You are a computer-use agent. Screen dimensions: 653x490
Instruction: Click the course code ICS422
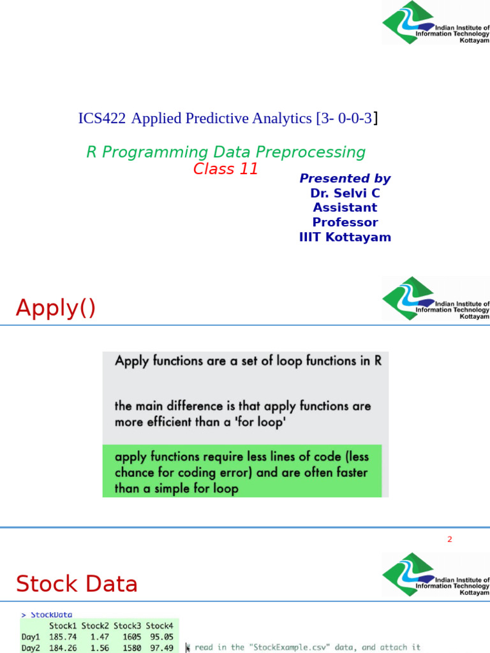101,118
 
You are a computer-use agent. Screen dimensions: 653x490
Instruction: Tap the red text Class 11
226,169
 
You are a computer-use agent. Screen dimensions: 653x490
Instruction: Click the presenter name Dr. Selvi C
345,193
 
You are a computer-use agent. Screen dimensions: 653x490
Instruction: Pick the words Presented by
345,179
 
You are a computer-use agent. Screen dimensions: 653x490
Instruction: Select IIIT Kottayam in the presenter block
345,237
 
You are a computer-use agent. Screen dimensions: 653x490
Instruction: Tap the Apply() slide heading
56,308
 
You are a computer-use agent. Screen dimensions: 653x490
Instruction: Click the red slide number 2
449,539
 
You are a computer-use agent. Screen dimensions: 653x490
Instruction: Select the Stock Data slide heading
77,583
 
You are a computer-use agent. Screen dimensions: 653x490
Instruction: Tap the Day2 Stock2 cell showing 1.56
96,647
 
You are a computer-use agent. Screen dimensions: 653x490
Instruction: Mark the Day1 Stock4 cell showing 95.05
161,636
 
